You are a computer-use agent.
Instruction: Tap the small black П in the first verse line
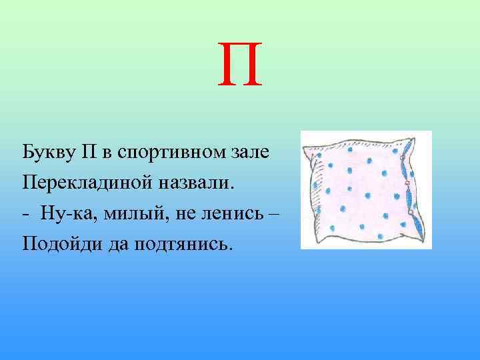[x=91, y=151]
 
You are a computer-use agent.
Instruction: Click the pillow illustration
[x=365, y=190]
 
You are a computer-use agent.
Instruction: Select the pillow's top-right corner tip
[x=424, y=137]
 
